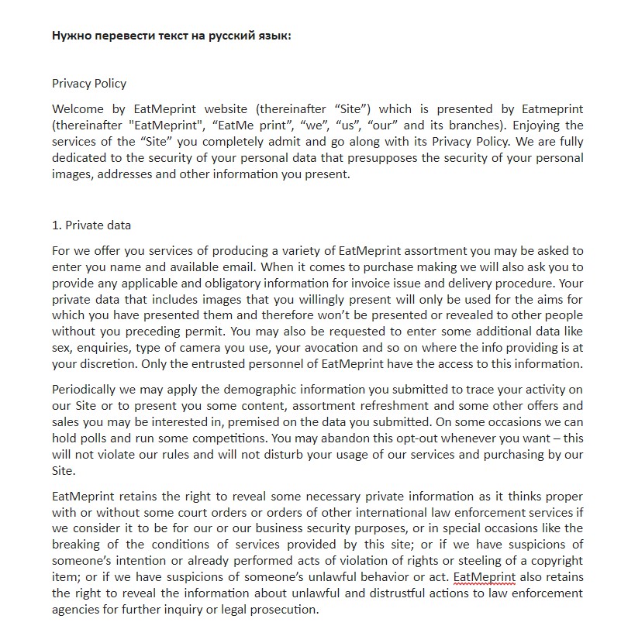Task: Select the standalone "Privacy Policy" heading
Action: [89, 84]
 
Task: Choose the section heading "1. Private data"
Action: [91, 225]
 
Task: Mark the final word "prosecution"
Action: [281, 610]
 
